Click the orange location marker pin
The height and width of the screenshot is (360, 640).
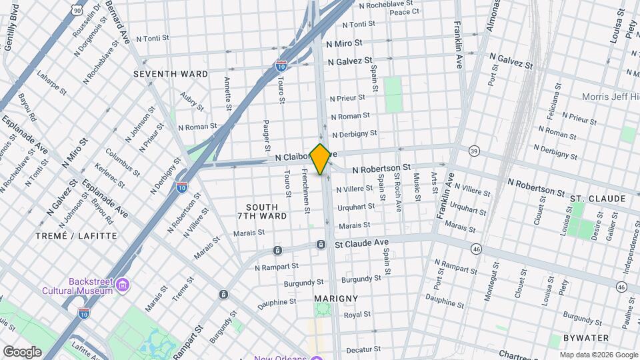pos(321,159)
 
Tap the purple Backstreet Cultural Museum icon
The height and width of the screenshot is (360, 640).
pos(121,286)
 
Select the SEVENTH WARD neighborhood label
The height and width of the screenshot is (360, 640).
pos(171,73)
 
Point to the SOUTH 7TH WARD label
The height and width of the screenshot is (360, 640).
pos(262,211)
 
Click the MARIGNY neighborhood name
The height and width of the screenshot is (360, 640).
pos(335,298)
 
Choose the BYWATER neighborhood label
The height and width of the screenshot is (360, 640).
pos(585,338)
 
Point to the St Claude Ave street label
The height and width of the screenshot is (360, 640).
pos(361,244)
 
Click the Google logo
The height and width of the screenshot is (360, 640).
pos(22,351)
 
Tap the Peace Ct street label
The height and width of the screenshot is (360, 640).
pos(404,11)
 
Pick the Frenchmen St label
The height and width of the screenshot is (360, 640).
pos(305,191)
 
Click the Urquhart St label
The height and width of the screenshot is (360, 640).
pos(355,207)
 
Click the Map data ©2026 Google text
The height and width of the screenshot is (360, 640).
pos(598,355)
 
